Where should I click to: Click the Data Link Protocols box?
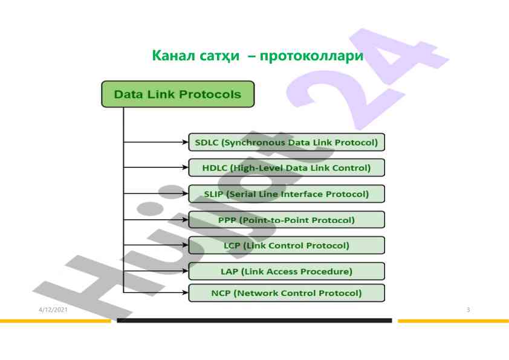pos(178,94)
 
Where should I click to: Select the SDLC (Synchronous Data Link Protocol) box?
pos(287,143)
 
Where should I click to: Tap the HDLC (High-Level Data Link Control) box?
pos(287,167)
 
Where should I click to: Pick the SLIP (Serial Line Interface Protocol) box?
pos(287,194)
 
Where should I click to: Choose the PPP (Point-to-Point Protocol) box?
pos(287,220)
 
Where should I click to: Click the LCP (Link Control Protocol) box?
pos(287,245)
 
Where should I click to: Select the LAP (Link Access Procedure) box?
pos(287,271)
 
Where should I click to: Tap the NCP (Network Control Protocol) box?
pos(287,293)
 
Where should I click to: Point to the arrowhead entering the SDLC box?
pos(185,143)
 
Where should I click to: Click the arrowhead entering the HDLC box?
pos(185,167)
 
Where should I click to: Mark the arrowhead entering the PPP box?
pos(185,220)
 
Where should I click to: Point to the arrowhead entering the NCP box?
pos(185,293)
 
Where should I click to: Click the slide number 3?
pos(468,310)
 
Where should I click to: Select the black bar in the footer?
pos(254,320)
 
